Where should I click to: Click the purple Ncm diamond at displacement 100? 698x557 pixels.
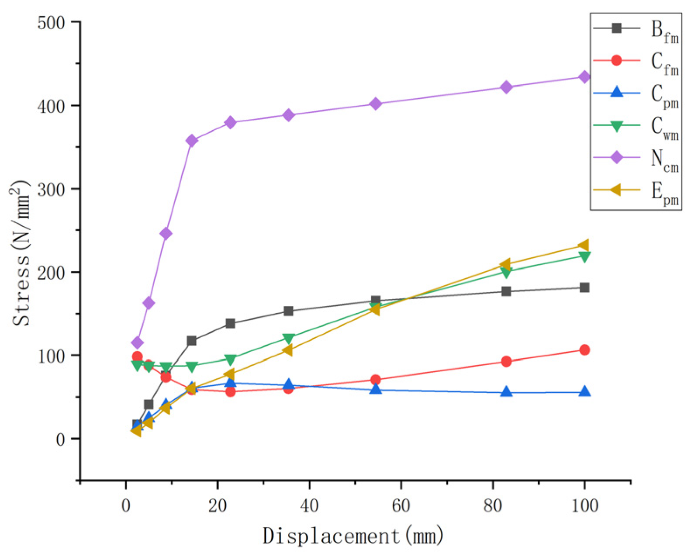point(584,77)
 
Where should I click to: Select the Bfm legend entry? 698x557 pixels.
point(636,29)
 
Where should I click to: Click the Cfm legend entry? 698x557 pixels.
point(636,61)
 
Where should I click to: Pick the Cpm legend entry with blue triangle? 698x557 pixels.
point(636,93)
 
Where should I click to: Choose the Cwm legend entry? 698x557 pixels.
point(636,126)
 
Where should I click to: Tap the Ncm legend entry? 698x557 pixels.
point(636,158)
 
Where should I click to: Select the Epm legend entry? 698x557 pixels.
point(636,190)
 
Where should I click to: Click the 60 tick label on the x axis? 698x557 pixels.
point(401,506)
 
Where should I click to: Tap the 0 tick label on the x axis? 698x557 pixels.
point(126,506)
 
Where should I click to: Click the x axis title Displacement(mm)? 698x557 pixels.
point(353,536)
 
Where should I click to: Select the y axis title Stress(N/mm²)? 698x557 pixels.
point(21,253)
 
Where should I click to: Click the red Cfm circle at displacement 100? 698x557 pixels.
point(584,350)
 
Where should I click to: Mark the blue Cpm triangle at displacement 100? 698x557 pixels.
point(584,392)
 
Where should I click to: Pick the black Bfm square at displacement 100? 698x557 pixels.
point(584,287)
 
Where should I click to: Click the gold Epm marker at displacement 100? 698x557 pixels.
point(583,245)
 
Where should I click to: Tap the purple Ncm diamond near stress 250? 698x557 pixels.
point(166,234)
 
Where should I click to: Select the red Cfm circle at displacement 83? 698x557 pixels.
point(506,361)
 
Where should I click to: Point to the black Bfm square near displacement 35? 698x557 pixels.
point(288,311)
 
